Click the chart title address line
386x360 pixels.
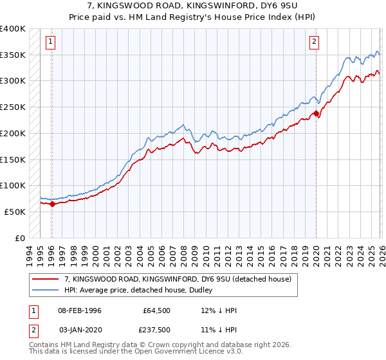193,7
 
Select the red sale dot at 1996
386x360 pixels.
52,204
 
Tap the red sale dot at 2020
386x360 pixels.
316,114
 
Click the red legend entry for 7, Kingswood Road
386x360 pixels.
178,279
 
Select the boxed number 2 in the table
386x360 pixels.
33,330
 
